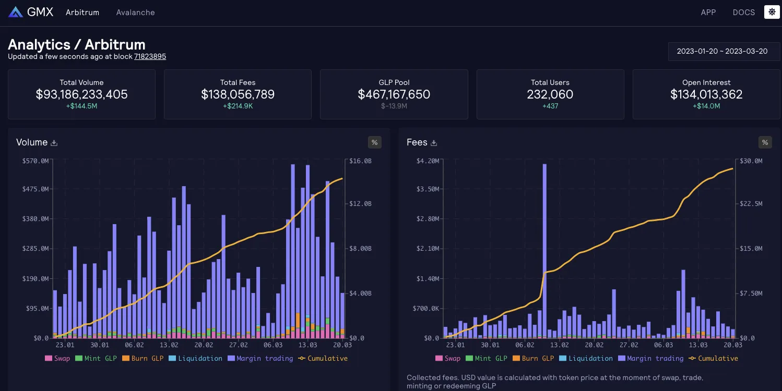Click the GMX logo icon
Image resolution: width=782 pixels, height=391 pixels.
[16, 12]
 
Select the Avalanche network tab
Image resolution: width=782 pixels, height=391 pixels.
[135, 13]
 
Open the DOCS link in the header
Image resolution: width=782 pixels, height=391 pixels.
[743, 13]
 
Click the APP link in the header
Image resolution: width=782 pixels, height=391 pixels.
[708, 13]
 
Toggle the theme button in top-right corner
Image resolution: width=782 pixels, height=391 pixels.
[772, 12]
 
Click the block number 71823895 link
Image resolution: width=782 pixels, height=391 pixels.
[150, 56]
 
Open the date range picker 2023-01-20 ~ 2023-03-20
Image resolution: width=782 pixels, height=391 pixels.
[722, 52]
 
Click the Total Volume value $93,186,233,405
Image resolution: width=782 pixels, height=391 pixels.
[81, 94]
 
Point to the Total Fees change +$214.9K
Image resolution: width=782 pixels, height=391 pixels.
[238, 106]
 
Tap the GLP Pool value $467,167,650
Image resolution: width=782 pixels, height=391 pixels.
[394, 94]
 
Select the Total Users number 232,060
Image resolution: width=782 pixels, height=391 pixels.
[550, 94]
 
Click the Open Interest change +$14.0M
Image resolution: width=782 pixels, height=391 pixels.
[706, 106]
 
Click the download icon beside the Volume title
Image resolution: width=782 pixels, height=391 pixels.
[54, 143]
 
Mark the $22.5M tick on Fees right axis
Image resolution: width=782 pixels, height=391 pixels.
[751, 204]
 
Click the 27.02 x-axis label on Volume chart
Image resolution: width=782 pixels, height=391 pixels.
[238, 345]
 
